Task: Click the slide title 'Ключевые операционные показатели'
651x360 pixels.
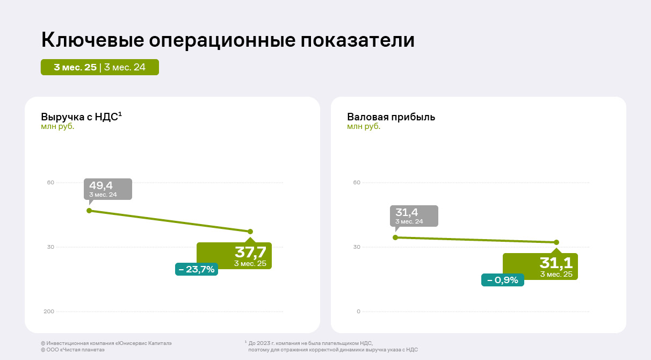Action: tap(228, 41)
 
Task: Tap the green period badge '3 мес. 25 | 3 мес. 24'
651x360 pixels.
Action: tap(100, 67)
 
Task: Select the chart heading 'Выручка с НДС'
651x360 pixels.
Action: tap(80, 117)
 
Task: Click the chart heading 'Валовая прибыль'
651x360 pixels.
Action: tap(391, 117)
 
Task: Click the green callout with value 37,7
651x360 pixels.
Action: tap(234, 255)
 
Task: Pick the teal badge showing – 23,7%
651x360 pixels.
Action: tap(197, 269)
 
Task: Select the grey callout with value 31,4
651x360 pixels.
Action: tap(414, 215)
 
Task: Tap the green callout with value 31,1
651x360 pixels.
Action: tap(540, 266)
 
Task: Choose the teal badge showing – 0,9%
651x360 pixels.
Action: tap(503, 280)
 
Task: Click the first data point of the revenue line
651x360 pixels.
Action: tap(89, 211)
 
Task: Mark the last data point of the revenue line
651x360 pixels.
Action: tap(250, 232)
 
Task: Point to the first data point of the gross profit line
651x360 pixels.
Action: tap(395, 237)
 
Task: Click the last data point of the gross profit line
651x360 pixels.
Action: tap(556, 242)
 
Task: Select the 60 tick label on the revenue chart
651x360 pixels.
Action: tap(50, 183)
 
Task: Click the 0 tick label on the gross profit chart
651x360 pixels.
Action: tap(358, 312)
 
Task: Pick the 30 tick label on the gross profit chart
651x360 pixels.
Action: tap(357, 247)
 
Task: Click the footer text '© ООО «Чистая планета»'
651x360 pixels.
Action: tap(73, 350)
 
